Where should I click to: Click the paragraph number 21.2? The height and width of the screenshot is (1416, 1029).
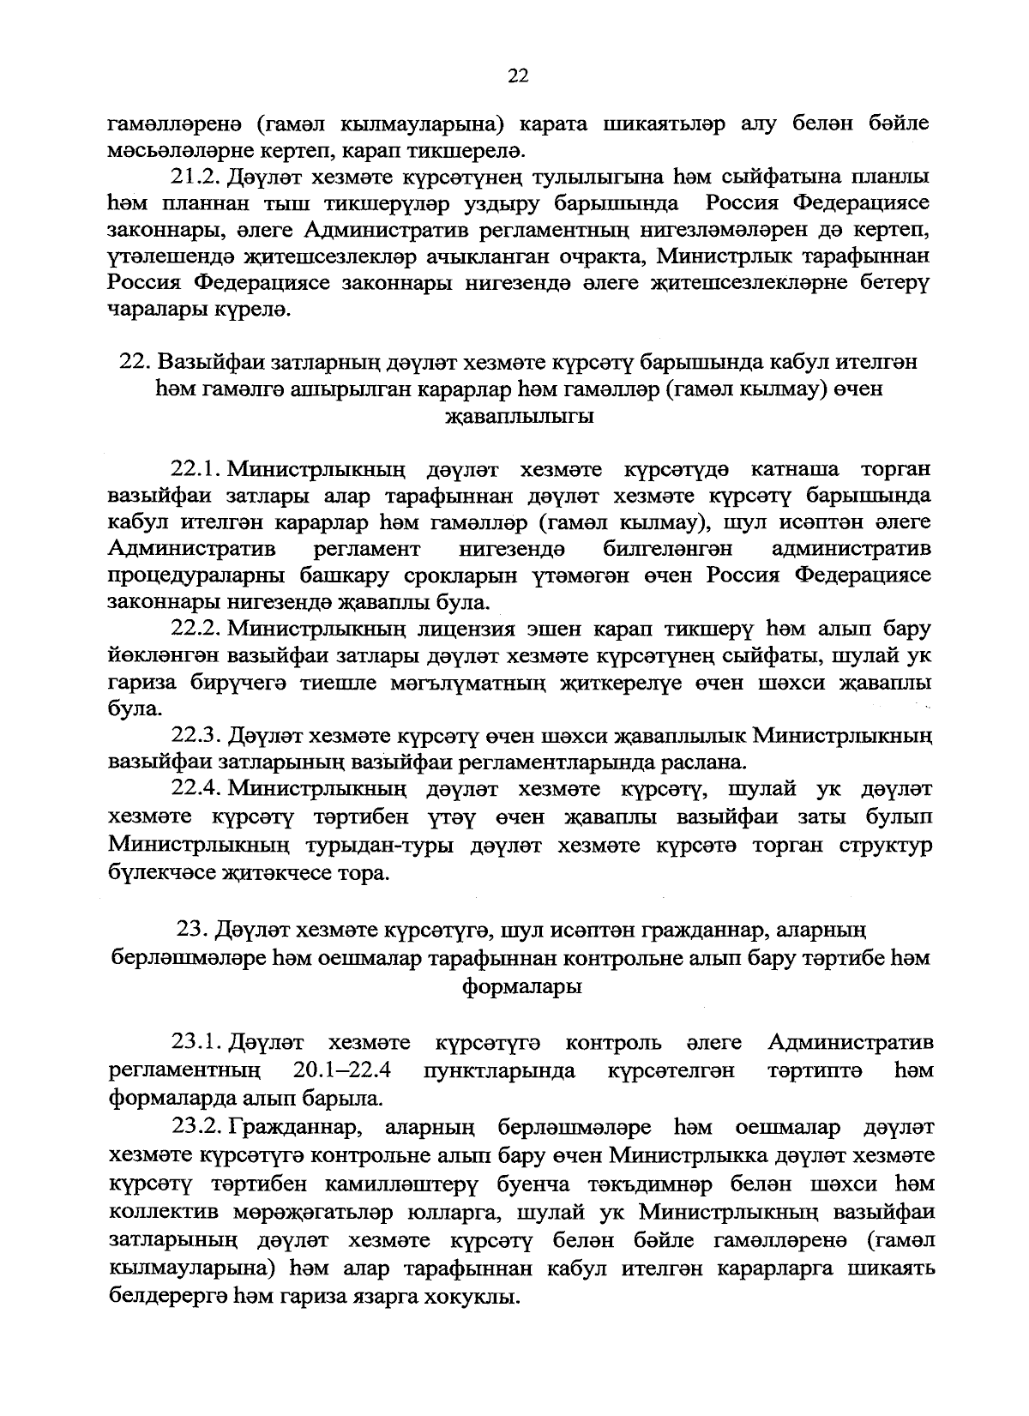(x=197, y=178)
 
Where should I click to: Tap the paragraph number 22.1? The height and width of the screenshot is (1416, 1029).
(x=197, y=469)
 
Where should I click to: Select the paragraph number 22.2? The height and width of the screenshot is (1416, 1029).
(x=197, y=630)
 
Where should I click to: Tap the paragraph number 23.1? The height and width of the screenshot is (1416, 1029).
(x=197, y=1043)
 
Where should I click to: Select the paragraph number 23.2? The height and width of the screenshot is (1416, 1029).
(x=197, y=1126)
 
